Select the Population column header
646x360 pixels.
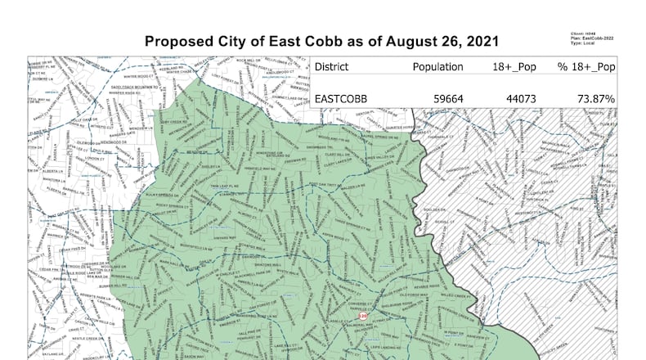tap(438, 67)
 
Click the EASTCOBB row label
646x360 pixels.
tap(342, 100)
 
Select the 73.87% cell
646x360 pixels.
tap(597, 100)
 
